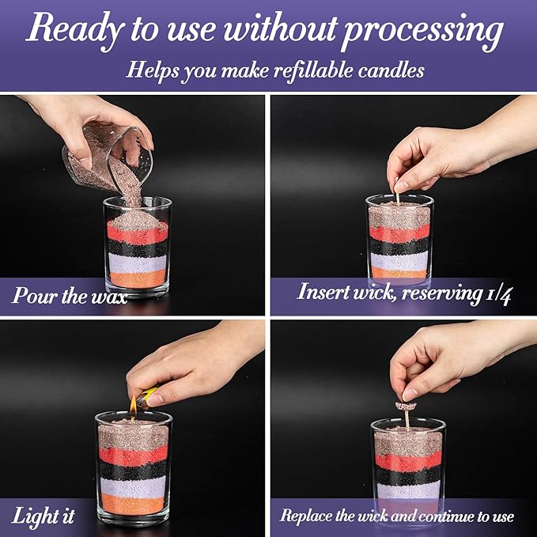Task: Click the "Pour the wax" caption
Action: [x=70, y=296]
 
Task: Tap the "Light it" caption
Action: [x=43, y=517]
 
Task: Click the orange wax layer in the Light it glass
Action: [x=133, y=505]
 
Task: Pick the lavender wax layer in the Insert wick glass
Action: [x=399, y=260]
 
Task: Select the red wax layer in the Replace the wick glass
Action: [x=407, y=462]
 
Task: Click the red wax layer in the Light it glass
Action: [x=133, y=455]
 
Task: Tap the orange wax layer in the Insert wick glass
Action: [x=399, y=274]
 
